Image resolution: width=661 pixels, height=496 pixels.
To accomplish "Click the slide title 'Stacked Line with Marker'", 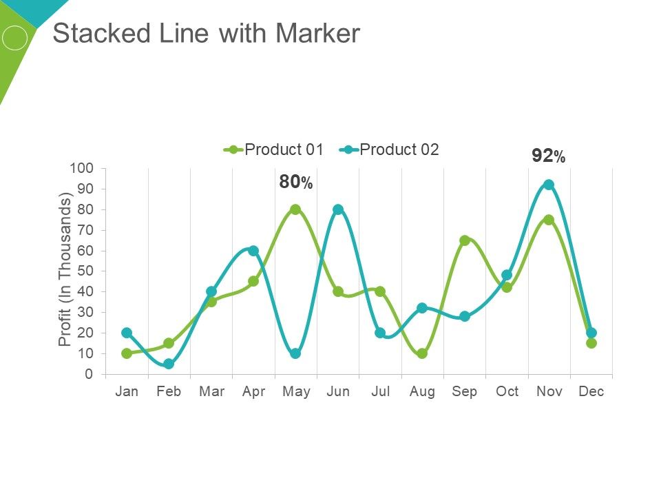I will (206, 34).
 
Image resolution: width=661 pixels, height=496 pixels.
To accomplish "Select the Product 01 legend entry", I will (273, 149).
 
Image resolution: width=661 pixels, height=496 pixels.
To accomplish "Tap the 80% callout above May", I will (296, 183).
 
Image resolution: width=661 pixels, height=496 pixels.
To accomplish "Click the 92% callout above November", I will (548, 156).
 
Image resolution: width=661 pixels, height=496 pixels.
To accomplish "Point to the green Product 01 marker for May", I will (295, 209).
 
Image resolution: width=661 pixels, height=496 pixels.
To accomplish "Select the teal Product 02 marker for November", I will (549, 185).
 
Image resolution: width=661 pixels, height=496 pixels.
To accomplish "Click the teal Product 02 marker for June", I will (338, 209).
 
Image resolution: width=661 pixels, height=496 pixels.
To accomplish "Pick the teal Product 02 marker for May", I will (295, 353).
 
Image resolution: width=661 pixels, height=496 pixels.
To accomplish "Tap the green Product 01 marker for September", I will (465, 240).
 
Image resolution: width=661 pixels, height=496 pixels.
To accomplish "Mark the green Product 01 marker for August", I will (422, 353).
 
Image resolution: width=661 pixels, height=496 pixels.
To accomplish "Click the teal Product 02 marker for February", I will (169, 364).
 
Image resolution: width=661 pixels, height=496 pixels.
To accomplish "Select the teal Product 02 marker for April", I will (253, 251).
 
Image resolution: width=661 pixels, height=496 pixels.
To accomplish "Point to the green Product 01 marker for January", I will (127, 353).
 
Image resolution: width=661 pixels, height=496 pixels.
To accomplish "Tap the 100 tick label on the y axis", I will (81, 168).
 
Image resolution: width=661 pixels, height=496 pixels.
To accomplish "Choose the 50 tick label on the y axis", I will (85, 271).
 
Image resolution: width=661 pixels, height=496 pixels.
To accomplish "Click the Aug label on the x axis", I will (422, 392).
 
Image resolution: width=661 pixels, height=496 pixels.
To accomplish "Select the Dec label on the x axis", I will (591, 392).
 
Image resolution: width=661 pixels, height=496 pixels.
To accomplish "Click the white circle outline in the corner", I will (14, 37).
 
